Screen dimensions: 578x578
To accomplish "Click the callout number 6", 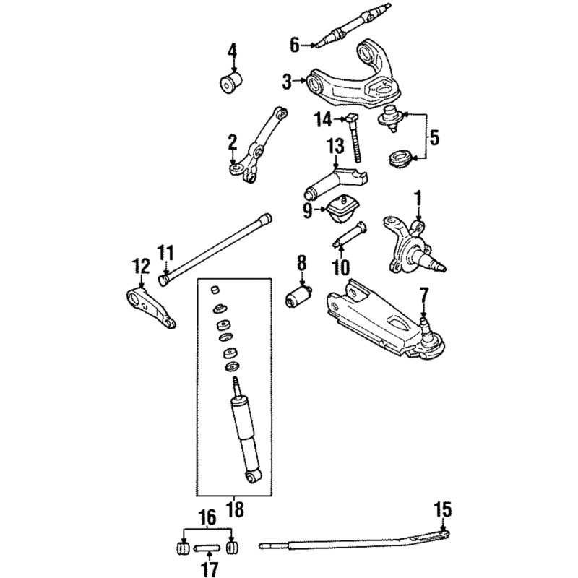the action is (295, 46).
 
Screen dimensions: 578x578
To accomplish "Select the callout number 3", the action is (287, 82).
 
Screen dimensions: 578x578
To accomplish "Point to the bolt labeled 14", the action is (354, 138).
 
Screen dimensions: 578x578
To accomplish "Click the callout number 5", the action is (435, 138).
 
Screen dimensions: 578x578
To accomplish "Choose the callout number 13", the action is (336, 147).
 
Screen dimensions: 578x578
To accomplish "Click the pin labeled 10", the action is (350, 233).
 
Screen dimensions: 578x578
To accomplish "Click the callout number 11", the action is (165, 254).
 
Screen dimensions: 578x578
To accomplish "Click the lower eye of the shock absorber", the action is (254, 478).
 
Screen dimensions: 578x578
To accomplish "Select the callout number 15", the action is (443, 510).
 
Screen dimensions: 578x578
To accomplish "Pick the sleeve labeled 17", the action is (207, 549).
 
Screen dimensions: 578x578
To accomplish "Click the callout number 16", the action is (207, 518).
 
